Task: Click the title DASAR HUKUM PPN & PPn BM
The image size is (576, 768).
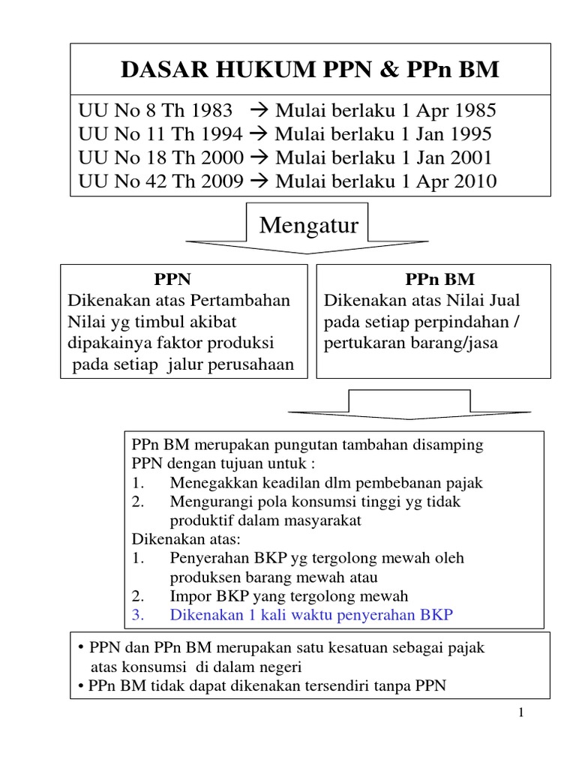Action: [x=309, y=70]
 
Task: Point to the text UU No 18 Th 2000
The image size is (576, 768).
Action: [x=160, y=158]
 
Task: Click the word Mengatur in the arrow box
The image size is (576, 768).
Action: [x=308, y=224]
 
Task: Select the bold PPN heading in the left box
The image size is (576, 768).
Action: [x=172, y=280]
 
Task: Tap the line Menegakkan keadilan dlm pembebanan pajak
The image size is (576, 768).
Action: [x=326, y=483]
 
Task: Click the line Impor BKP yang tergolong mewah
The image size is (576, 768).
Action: [x=289, y=596]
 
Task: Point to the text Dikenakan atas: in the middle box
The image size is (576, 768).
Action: [x=177, y=539]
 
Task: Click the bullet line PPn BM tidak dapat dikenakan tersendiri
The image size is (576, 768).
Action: [x=267, y=685]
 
